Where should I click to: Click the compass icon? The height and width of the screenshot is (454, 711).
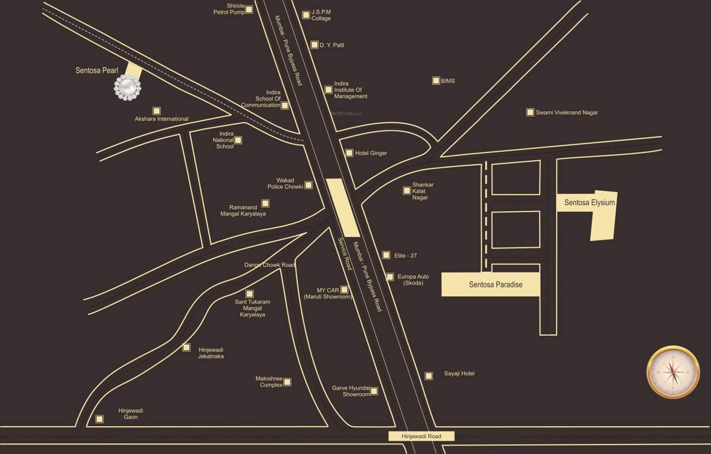click(673, 372)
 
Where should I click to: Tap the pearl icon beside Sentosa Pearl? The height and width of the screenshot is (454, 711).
click(128, 88)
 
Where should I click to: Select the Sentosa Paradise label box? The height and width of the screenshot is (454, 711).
click(491, 284)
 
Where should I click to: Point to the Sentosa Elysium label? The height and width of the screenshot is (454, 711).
click(589, 203)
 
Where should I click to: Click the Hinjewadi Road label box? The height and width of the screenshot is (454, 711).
click(421, 436)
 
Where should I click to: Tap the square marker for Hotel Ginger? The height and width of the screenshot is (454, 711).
click(349, 153)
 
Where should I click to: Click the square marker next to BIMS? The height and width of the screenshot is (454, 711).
click(436, 80)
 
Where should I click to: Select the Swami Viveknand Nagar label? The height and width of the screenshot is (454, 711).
click(566, 112)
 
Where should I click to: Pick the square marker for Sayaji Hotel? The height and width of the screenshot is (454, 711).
click(429, 375)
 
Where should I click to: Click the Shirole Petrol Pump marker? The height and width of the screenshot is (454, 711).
click(249, 9)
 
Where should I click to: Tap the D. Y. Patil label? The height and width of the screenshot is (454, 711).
click(332, 45)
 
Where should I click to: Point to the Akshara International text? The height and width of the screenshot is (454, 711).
click(161, 119)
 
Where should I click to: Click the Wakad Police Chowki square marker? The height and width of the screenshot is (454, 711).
click(308, 186)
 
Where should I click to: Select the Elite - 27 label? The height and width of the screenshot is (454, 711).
click(405, 255)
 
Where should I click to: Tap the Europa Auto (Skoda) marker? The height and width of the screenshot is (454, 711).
click(390, 277)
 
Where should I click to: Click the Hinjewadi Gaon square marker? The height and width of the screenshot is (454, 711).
click(99, 419)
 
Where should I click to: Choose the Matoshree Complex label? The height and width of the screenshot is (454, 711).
click(269, 382)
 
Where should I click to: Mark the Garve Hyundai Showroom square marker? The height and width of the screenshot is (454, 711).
click(374, 391)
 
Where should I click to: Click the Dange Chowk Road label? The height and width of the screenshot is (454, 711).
click(270, 265)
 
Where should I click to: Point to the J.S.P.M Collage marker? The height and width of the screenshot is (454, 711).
click(306, 15)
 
